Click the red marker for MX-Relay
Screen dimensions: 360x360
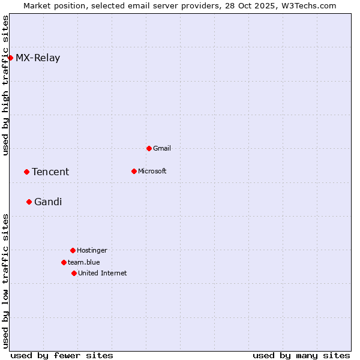pyautogui.click(x=10, y=58)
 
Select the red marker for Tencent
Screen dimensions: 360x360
pyautogui.click(x=26, y=172)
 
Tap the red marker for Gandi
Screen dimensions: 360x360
pyautogui.click(x=29, y=202)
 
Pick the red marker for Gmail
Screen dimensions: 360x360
pyautogui.click(x=149, y=148)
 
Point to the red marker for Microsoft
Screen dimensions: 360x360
pyautogui.click(x=134, y=171)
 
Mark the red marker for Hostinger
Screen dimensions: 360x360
pyautogui.click(x=73, y=250)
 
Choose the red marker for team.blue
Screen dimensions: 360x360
pyautogui.click(x=64, y=262)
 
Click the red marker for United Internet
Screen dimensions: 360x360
pyautogui.click(x=74, y=273)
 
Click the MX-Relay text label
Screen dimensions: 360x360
pyautogui.click(x=38, y=58)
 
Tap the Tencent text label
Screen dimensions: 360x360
pyautogui.click(x=50, y=172)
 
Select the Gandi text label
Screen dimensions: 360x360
pyautogui.click(x=48, y=202)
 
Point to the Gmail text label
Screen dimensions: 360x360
pyautogui.click(x=162, y=148)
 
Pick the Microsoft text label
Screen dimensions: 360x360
pyautogui.click(x=152, y=171)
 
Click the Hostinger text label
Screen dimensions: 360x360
pyautogui.click(x=92, y=250)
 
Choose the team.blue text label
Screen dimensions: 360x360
pyautogui.click(x=84, y=262)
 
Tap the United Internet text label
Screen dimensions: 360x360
pyautogui.click(x=103, y=273)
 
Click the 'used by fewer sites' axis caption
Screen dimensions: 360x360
pyautogui.click(x=62, y=355)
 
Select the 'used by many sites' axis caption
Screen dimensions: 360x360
pyautogui.click(x=301, y=355)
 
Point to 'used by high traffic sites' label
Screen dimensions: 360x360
pyautogui.click(x=6, y=85)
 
